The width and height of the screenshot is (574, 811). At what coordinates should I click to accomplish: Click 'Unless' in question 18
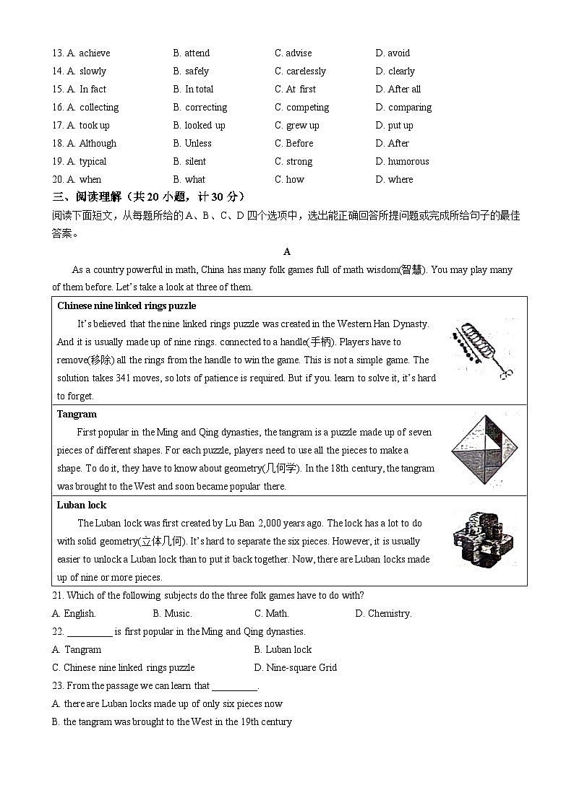[x=192, y=143]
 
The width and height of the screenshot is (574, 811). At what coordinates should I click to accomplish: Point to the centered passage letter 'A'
[x=287, y=251]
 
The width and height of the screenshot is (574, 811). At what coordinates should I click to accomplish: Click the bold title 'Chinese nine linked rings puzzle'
[x=127, y=305]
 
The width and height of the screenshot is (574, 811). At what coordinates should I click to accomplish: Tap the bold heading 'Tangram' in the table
[x=77, y=414]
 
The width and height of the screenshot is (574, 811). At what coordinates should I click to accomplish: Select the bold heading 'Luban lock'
[x=82, y=505]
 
